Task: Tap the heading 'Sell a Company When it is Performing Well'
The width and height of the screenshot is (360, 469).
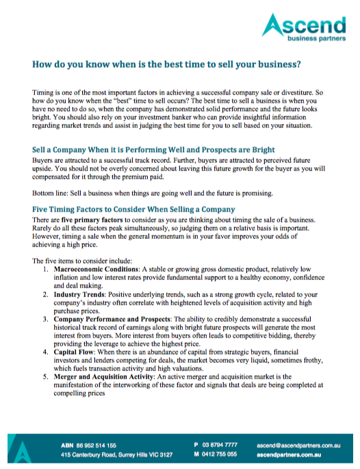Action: (154, 149)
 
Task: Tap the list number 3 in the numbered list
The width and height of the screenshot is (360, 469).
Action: (45, 318)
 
